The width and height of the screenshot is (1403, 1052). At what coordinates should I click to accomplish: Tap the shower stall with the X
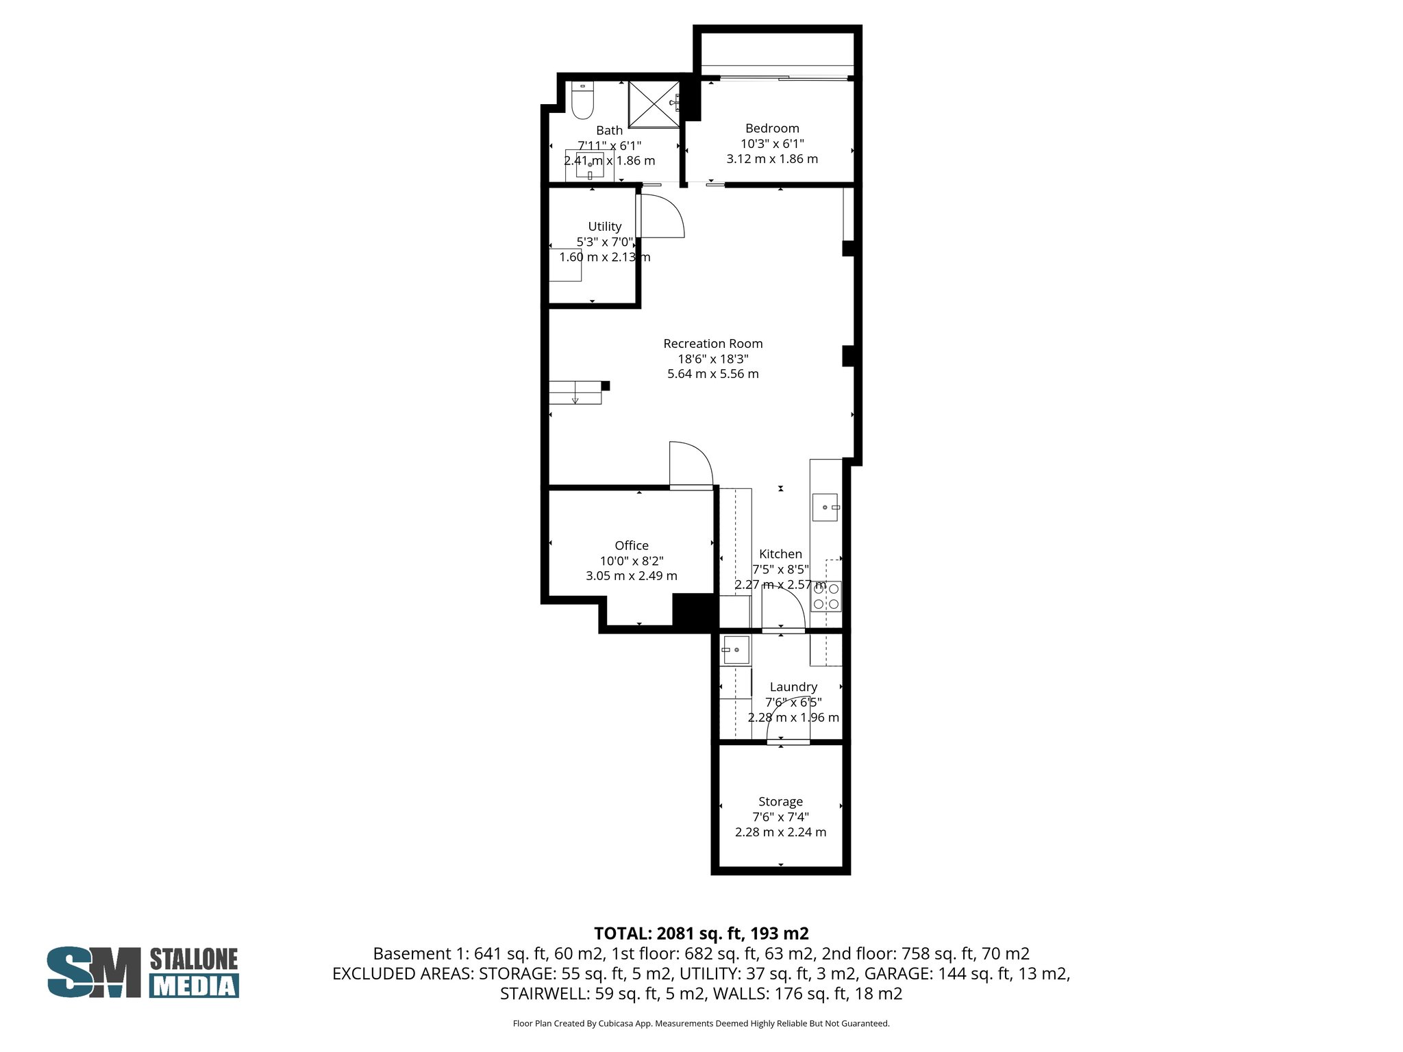click(654, 104)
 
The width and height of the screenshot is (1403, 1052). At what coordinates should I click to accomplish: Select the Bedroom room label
click(772, 128)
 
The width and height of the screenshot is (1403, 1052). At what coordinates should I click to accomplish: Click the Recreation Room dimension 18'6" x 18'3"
click(712, 359)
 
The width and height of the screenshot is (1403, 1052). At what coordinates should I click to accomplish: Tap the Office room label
click(631, 545)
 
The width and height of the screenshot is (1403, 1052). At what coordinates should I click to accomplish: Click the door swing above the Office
click(690, 465)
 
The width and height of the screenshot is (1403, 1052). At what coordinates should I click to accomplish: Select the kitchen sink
click(825, 508)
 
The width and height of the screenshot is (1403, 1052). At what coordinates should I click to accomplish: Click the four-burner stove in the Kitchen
click(826, 596)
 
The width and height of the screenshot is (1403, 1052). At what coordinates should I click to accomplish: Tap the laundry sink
click(736, 649)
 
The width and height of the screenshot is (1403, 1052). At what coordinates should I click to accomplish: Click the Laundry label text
click(793, 687)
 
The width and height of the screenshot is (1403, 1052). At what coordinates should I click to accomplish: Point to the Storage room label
click(780, 801)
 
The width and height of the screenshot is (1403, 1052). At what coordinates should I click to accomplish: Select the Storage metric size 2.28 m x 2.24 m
click(780, 832)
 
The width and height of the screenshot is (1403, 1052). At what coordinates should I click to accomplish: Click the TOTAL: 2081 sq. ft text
click(701, 934)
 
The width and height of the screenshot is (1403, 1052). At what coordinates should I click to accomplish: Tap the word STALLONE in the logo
click(194, 959)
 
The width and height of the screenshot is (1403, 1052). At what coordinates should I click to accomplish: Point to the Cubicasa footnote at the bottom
click(701, 1024)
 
